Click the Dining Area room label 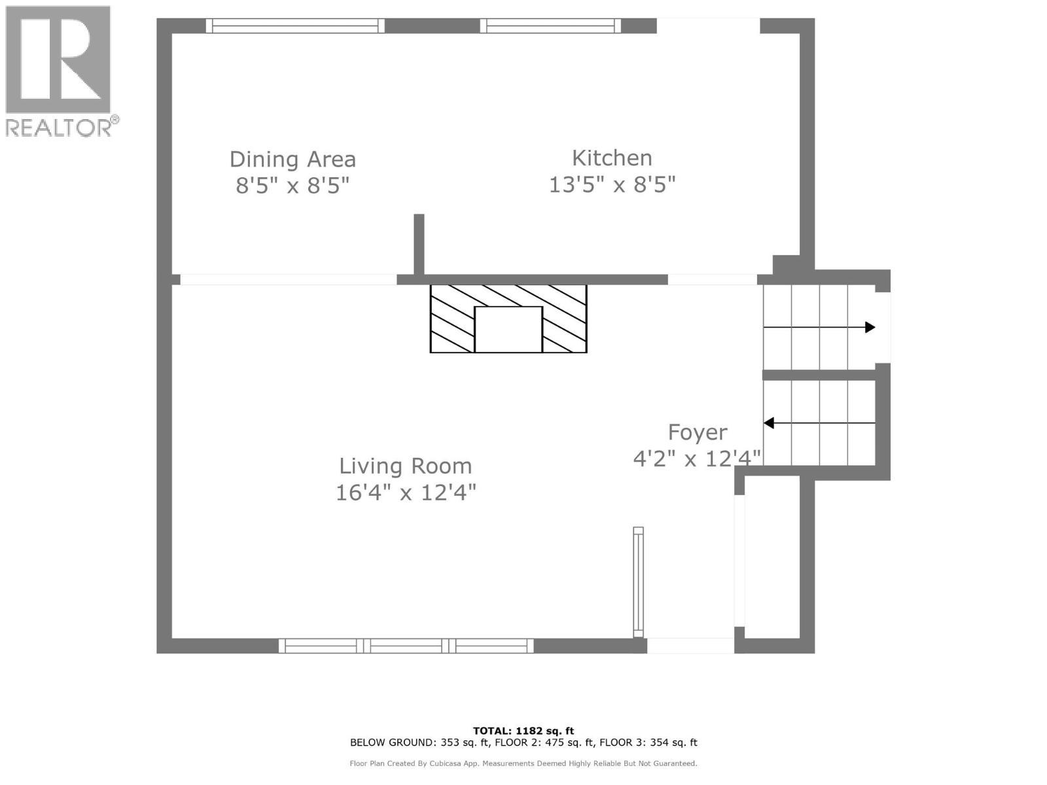click(x=293, y=159)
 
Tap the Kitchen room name click(x=612, y=158)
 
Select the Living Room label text click(x=406, y=466)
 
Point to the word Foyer click(x=698, y=433)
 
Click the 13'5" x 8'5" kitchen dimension click(x=612, y=184)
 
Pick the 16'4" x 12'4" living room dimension click(x=406, y=493)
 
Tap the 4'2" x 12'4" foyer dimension click(x=696, y=459)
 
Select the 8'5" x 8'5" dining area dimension click(x=293, y=185)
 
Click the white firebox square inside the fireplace click(x=508, y=329)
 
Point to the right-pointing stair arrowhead click(x=870, y=328)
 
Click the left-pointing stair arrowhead click(x=768, y=423)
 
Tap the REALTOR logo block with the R click(x=58, y=59)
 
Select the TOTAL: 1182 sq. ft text click(x=523, y=731)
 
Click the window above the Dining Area click(x=295, y=26)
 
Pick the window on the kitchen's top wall click(x=550, y=26)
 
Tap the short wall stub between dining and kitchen click(x=419, y=245)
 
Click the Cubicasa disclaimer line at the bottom click(x=523, y=763)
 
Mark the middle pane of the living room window click(x=406, y=646)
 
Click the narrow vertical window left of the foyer click(x=638, y=582)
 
